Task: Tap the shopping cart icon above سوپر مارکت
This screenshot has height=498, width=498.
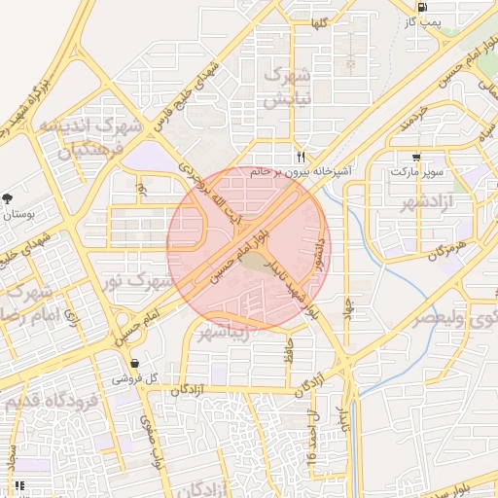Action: coord(416,157)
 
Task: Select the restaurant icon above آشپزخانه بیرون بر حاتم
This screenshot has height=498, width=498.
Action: coord(302,157)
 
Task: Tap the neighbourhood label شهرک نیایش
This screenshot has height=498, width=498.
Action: coord(290,87)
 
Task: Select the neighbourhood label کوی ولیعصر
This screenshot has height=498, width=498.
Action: coord(453,317)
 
